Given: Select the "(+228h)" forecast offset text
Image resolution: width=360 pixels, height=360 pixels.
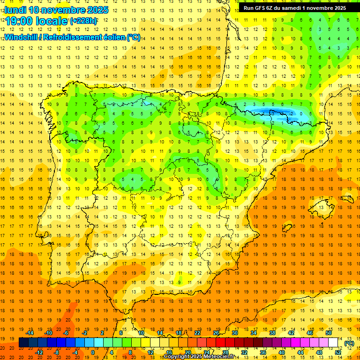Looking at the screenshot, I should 83,21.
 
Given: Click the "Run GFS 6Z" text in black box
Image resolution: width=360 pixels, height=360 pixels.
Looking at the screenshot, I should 258,8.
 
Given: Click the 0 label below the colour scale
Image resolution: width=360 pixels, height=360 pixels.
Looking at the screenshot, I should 93,352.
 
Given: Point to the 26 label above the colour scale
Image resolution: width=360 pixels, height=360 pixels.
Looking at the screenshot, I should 216,333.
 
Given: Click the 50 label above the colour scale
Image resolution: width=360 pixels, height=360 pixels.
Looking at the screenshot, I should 328,333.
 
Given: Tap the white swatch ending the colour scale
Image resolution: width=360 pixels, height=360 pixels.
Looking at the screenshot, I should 333,343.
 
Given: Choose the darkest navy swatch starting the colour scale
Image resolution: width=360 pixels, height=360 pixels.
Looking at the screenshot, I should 23,343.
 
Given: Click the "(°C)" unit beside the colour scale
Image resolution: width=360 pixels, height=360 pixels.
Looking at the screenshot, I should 349,343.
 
